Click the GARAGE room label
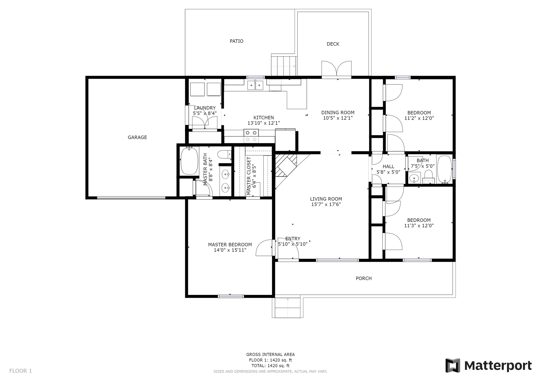[x=137, y=137]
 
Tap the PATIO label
[x=236, y=41]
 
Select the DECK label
[x=333, y=44]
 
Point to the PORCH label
[x=364, y=278]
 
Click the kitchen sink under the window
[x=255, y=85]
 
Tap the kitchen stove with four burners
[x=251, y=136]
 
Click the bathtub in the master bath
[x=189, y=161]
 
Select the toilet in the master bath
[x=225, y=154]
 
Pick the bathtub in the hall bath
[x=445, y=169]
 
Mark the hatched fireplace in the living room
[x=286, y=165]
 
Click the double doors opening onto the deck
[x=337, y=69]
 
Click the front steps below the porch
[x=288, y=308]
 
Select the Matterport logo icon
[x=453, y=365]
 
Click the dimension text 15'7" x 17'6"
[x=326, y=204]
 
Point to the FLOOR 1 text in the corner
[x=21, y=371]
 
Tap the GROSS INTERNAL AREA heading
[x=270, y=355]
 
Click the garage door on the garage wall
[x=131, y=198]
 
